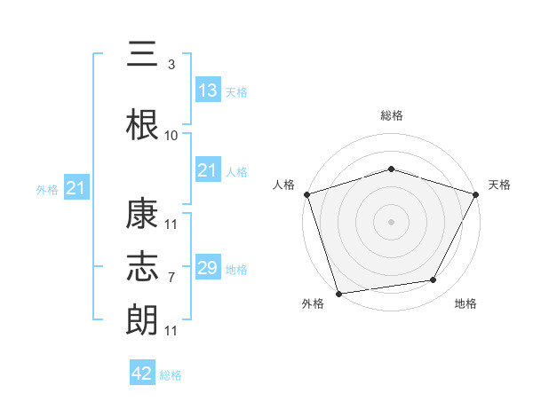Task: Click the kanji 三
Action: (x=142, y=57)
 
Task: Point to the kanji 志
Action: (x=142, y=266)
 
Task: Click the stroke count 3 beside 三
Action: (x=171, y=65)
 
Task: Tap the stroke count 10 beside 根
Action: (x=171, y=136)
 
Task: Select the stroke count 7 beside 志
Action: (x=171, y=278)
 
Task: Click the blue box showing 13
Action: (x=207, y=90)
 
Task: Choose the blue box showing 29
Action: (x=207, y=268)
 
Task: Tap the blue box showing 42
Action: (x=141, y=374)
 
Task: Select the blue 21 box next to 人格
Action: (x=207, y=170)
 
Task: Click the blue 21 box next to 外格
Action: (x=76, y=188)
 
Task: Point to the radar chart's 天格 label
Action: (x=499, y=185)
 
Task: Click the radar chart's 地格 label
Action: (x=465, y=304)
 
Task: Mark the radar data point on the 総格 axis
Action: (x=391, y=169)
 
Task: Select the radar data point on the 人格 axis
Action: (x=306, y=194)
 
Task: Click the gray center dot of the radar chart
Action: (x=391, y=221)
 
